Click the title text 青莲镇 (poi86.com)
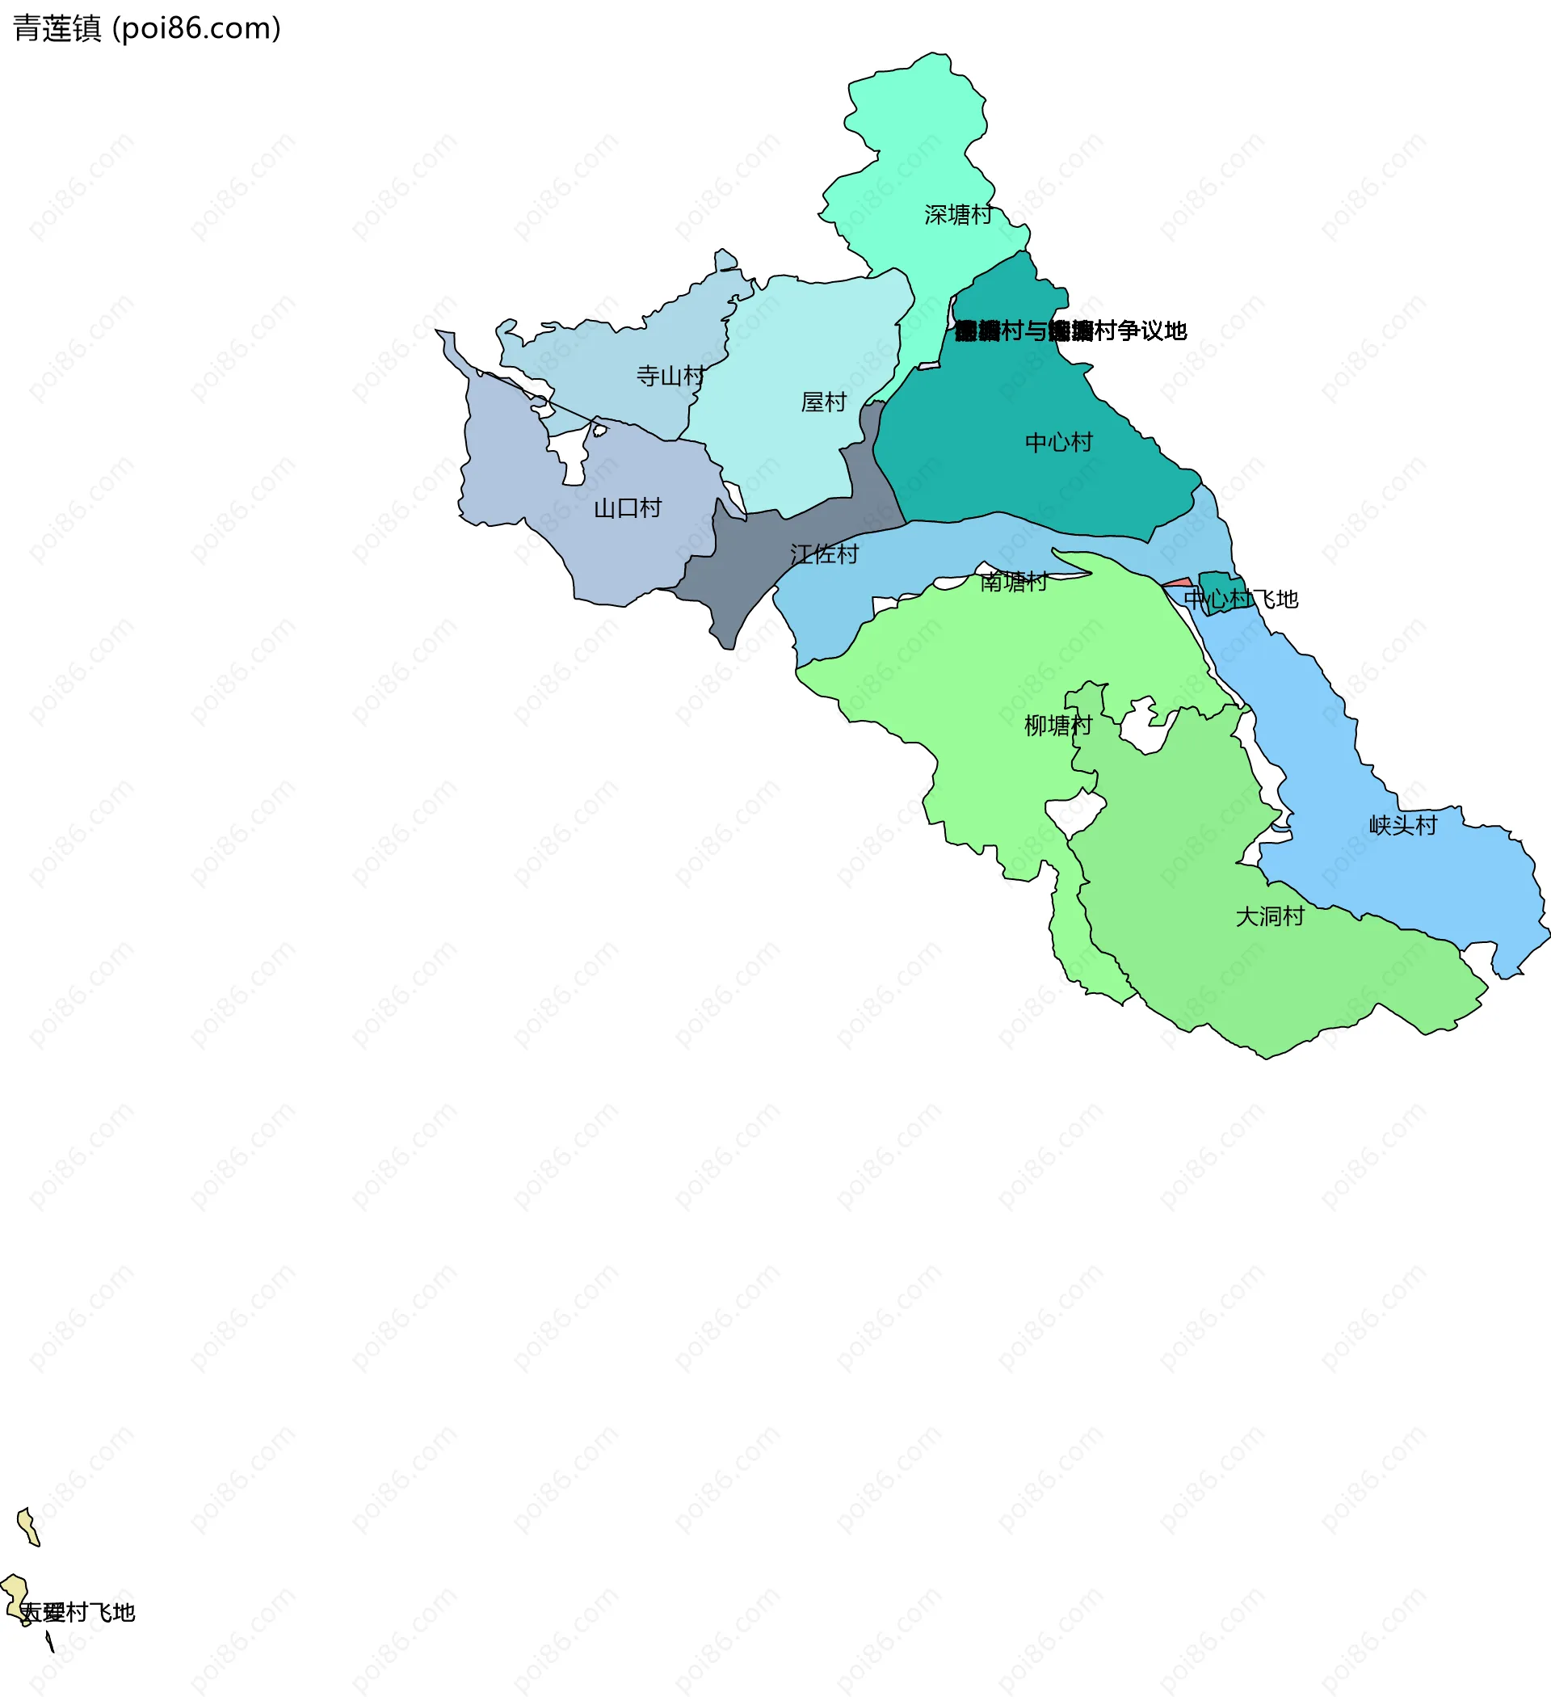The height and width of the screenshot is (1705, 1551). point(146,29)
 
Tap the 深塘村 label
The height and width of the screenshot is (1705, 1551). point(957,215)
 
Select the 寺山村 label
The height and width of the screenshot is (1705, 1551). point(670,376)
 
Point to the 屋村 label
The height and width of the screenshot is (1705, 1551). point(823,402)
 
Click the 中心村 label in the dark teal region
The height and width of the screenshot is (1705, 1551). point(1058,442)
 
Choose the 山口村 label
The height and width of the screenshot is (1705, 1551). point(627,508)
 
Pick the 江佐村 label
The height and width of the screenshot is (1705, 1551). point(824,555)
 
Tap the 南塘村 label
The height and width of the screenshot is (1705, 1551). point(1013,582)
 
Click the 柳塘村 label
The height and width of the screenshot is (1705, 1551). point(1057,725)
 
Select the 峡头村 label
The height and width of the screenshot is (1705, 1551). point(1402,824)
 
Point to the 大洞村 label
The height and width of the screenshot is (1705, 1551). point(1269,916)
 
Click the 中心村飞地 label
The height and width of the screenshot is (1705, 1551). point(1240,599)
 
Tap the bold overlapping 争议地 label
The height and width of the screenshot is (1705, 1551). point(1070,330)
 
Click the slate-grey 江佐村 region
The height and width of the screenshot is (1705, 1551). point(744,558)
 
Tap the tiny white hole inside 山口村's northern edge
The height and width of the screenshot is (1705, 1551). point(599,431)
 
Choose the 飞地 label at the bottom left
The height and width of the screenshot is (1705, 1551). point(78,1613)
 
